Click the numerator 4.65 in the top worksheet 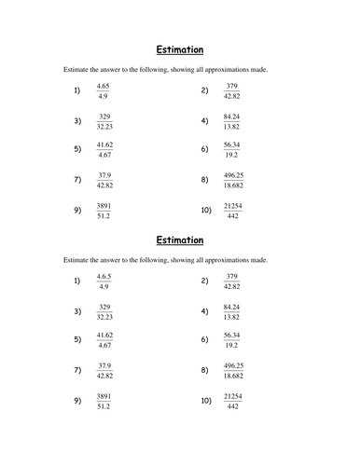(x=104, y=86)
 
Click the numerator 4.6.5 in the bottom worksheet (x=104, y=276)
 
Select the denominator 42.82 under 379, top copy (x=233, y=96)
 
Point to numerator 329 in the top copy (x=104, y=115)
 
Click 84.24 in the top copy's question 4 (x=233, y=115)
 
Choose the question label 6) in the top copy (x=204, y=149)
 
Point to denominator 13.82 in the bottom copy (x=233, y=316)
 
